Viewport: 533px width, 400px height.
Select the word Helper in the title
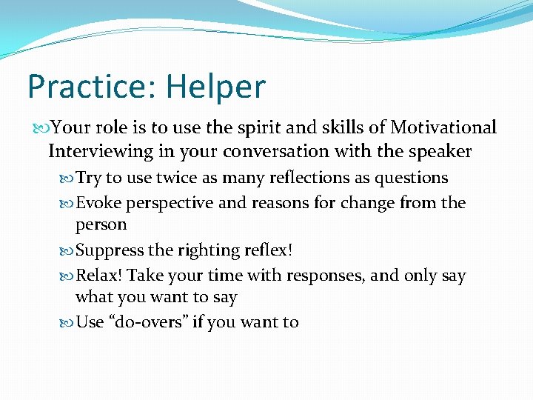(x=215, y=87)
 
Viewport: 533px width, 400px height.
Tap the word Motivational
(x=443, y=127)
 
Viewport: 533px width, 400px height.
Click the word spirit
(x=247, y=127)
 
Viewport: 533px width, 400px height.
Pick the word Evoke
(x=99, y=202)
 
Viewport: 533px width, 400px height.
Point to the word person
(x=101, y=224)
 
